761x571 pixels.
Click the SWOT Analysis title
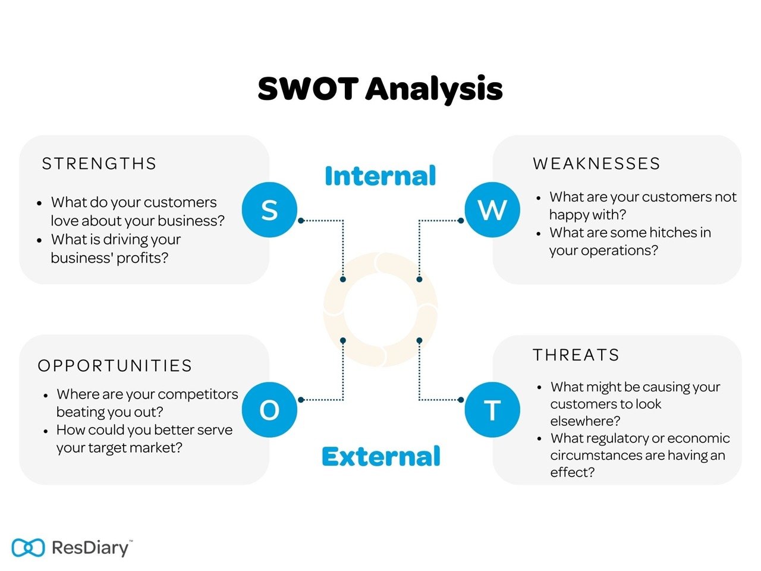(380, 89)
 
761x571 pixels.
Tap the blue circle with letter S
(269, 210)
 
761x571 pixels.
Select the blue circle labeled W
(492, 210)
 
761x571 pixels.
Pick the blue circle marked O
(269, 410)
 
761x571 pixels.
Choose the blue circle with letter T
(492, 410)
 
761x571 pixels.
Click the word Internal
(380, 176)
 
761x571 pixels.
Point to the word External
(380, 457)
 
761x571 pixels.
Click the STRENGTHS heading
(99, 164)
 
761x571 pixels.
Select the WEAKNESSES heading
(596, 164)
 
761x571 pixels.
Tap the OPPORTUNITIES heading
(115, 365)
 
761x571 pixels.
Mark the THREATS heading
(576, 355)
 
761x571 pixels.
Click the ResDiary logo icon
(28, 547)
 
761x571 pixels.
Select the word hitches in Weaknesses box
(654, 233)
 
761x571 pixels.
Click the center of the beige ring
(380, 309)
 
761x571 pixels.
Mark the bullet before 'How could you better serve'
(46, 431)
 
